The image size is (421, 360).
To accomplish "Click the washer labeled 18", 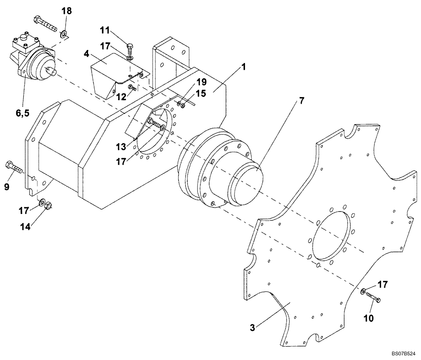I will tap(64, 34).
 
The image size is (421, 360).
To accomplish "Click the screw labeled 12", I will tap(132, 87).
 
